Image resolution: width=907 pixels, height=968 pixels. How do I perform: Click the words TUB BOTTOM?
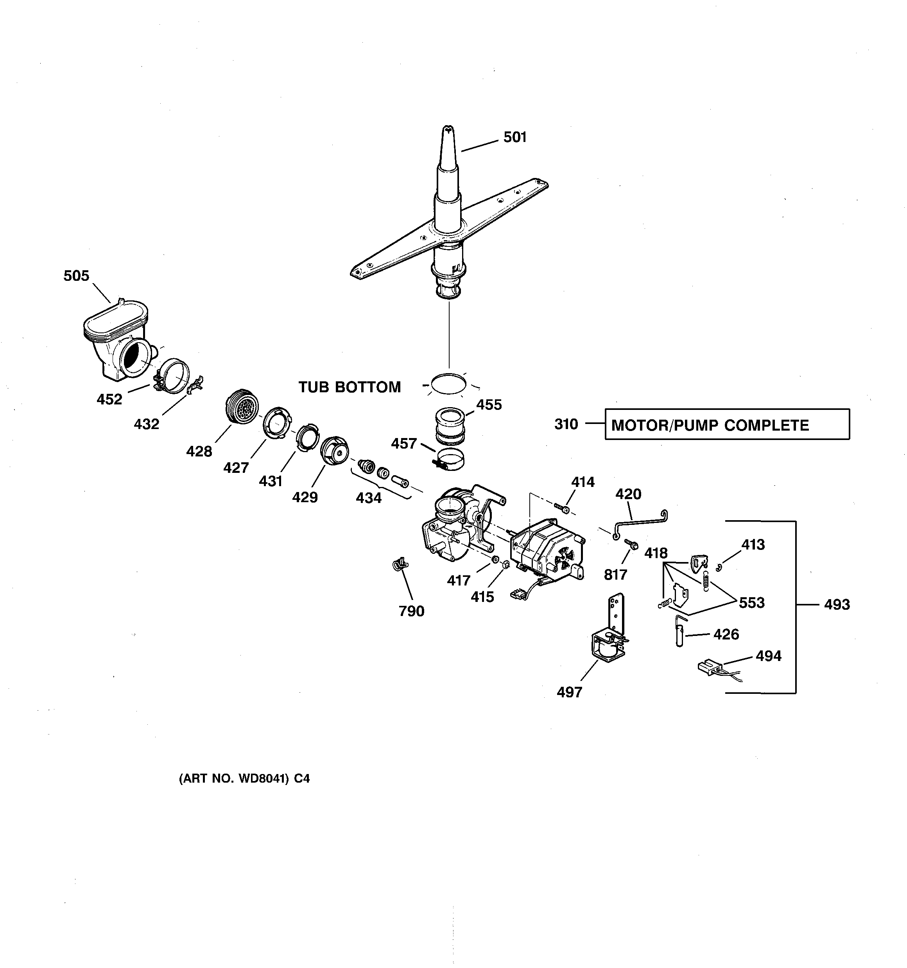[x=350, y=387]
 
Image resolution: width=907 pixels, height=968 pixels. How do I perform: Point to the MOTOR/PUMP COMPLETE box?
[x=727, y=425]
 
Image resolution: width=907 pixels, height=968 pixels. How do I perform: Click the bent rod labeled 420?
[x=640, y=523]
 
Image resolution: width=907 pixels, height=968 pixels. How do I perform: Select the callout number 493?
[x=837, y=605]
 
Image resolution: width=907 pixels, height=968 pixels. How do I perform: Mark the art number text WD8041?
[x=244, y=779]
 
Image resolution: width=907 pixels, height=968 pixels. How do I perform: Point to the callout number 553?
[x=752, y=603]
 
